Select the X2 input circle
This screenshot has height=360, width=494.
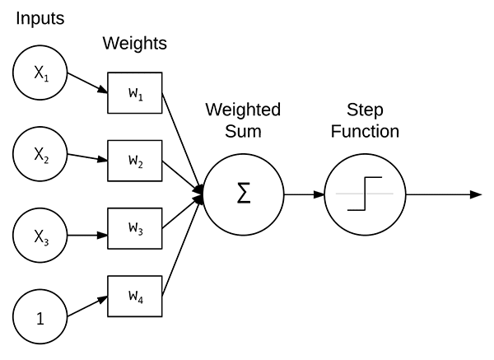pyautogui.click(x=40, y=153)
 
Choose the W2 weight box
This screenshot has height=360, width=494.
pyautogui.click(x=135, y=161)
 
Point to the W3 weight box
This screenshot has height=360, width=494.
pyautogui.click(x=135, y=228)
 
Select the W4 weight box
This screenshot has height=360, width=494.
pyautogui.click(x=135, y=295)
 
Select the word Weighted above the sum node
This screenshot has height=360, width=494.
pyautogui.click(x=243, y=110)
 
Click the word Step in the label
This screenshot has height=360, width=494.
pyautogui.click(x=363, y=110)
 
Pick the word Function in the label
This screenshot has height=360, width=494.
pyautogui.click(x=363, y=131)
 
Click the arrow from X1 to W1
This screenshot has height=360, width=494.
pyautogui.click(x=86, y=82)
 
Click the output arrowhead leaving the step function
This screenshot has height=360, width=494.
pyautogui.click(x=475, y=195)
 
